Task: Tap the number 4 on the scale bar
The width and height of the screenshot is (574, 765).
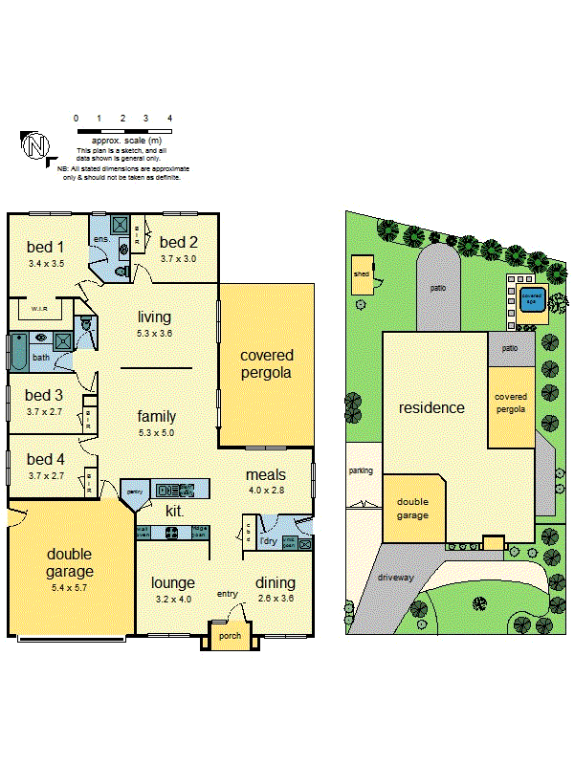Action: (169, 118)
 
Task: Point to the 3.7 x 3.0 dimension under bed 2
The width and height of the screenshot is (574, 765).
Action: (179, 258)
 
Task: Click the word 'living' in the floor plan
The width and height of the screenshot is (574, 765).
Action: (154, 317)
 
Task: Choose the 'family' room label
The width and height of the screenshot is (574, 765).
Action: (156, 416)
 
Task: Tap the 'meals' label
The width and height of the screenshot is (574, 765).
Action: (265, 474)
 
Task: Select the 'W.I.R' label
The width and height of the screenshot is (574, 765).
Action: (39, 309)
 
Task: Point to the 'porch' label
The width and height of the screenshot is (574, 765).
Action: (230, 636)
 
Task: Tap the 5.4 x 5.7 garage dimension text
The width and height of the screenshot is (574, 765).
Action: (68, 587)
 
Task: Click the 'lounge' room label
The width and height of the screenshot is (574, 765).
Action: (173, 582)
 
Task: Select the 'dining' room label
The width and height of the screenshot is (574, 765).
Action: (275, 582)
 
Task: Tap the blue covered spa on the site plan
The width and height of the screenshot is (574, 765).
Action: (531, 296)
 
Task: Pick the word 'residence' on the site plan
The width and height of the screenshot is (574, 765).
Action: (431, 407)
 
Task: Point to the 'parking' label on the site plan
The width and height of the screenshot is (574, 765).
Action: (361, 470)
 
